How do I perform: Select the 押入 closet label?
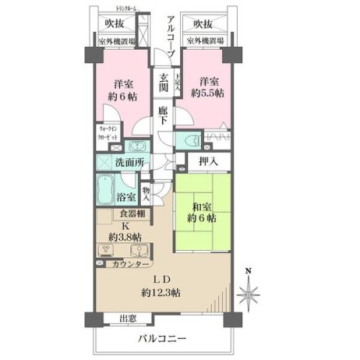point(207,162)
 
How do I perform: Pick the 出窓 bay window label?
point(129,318)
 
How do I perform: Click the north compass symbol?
point(249,292)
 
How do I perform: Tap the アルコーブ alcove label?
point(171,35)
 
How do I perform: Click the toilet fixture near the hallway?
point(189,141)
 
